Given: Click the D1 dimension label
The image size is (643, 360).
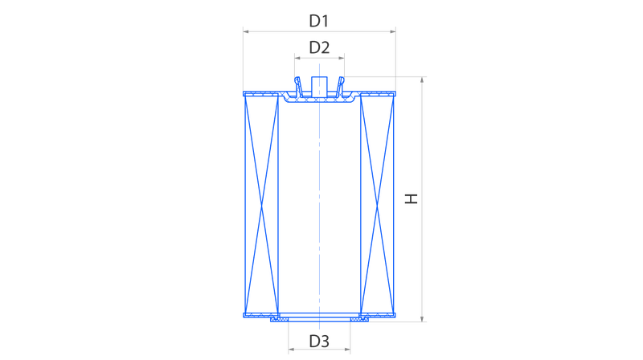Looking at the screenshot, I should point(320,20).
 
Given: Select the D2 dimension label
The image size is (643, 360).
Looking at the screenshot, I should point(320,47).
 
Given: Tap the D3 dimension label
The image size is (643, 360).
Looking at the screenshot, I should point(320,341).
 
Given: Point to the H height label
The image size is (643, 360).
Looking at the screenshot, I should point(412,198).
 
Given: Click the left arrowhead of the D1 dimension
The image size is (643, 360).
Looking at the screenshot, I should point(245,32).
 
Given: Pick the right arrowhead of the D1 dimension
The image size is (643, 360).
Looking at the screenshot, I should point(394,32).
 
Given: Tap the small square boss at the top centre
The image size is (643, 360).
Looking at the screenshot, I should point(319,84).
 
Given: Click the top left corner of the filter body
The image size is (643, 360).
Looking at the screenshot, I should point(244,92).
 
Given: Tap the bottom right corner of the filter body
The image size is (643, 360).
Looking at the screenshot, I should point(395,315).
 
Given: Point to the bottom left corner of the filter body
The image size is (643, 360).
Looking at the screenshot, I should point(244,315).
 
